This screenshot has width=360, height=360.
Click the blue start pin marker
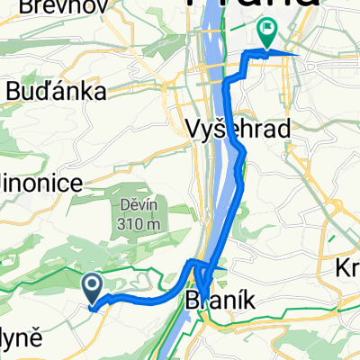[x=93, y=289]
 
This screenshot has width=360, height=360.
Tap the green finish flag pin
[x=267, y=34]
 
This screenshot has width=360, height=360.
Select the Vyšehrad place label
[x=239, y=130]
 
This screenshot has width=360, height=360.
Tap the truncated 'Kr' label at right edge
[x=347, y=270]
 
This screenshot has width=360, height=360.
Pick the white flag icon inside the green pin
[x=267, y=30]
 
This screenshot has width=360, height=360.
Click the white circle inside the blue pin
[x=93, y=285]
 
